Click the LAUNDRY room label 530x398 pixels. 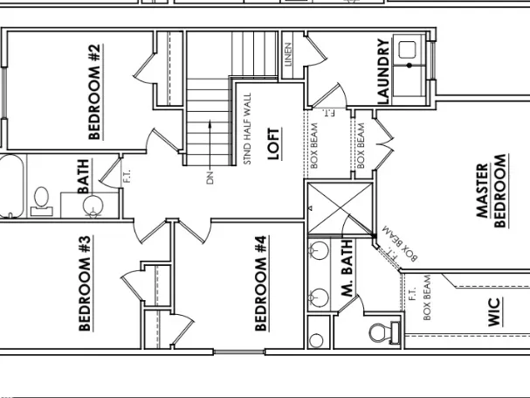[x=382, y=72]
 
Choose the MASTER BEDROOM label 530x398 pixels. [x=491, y=191]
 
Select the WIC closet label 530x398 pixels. [x=494, y=312]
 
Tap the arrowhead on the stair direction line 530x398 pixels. [x=210, y=124]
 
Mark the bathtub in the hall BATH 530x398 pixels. [x=10, y=185]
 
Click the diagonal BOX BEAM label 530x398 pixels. [x=401, y=245]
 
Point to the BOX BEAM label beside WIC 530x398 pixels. [x=428, y=297]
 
